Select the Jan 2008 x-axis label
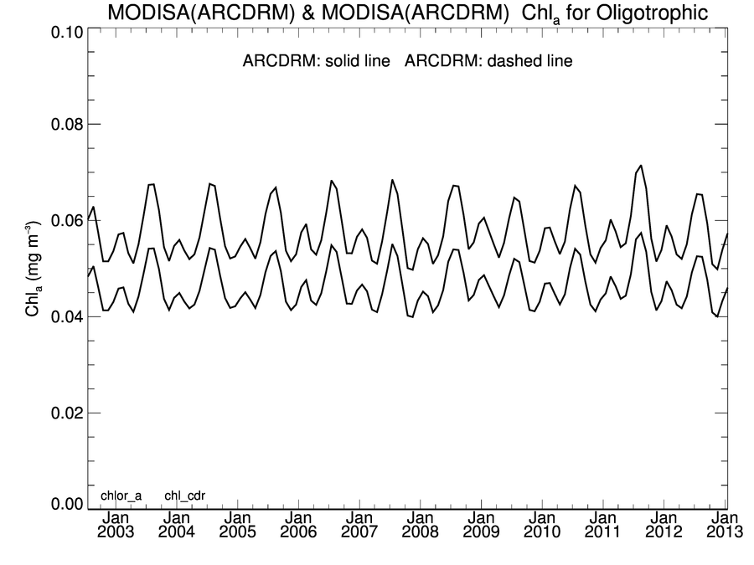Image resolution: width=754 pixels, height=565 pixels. pos(420,525)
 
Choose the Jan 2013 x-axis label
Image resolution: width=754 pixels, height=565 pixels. pos(726,525)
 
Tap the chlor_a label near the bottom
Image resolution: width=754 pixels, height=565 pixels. pos(121,496)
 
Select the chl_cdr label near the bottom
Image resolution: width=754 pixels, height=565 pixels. pos(184,496)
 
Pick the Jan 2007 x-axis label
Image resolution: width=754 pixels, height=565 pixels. pos(359,525)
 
